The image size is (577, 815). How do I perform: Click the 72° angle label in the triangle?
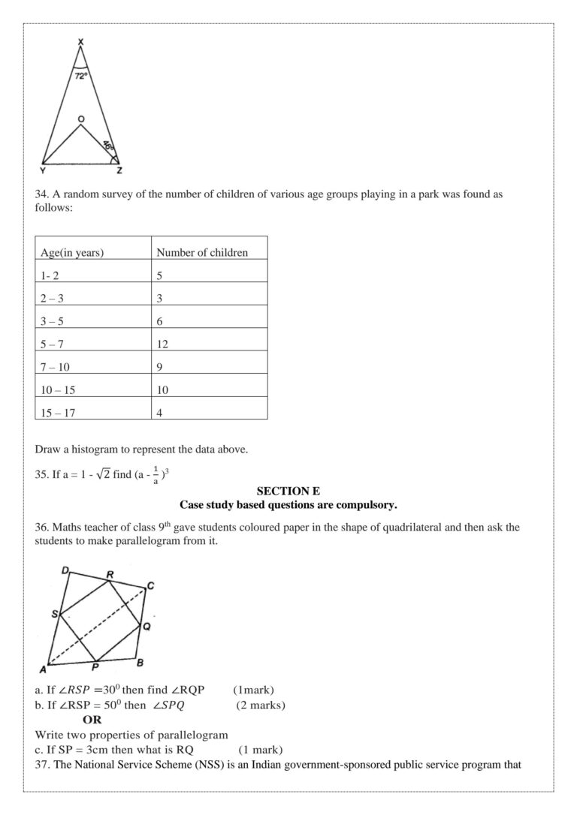coord(80,76)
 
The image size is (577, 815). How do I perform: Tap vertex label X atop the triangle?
coord(80,41)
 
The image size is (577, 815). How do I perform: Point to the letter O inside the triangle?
coord(80,119)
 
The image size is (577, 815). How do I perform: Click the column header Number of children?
coord(201,253)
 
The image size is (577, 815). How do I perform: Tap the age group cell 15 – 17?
coord(59,413)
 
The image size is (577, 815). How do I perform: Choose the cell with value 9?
coord(159,367)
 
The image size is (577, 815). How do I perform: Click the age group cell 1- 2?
coord(50,275)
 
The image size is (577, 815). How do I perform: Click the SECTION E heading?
coord(288,492)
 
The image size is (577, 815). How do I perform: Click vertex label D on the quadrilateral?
coord(65,571)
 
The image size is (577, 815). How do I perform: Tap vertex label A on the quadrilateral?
coord(43,669)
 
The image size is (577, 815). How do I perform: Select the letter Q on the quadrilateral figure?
coord(147,624)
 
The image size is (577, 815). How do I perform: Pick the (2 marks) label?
coord(261,705)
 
